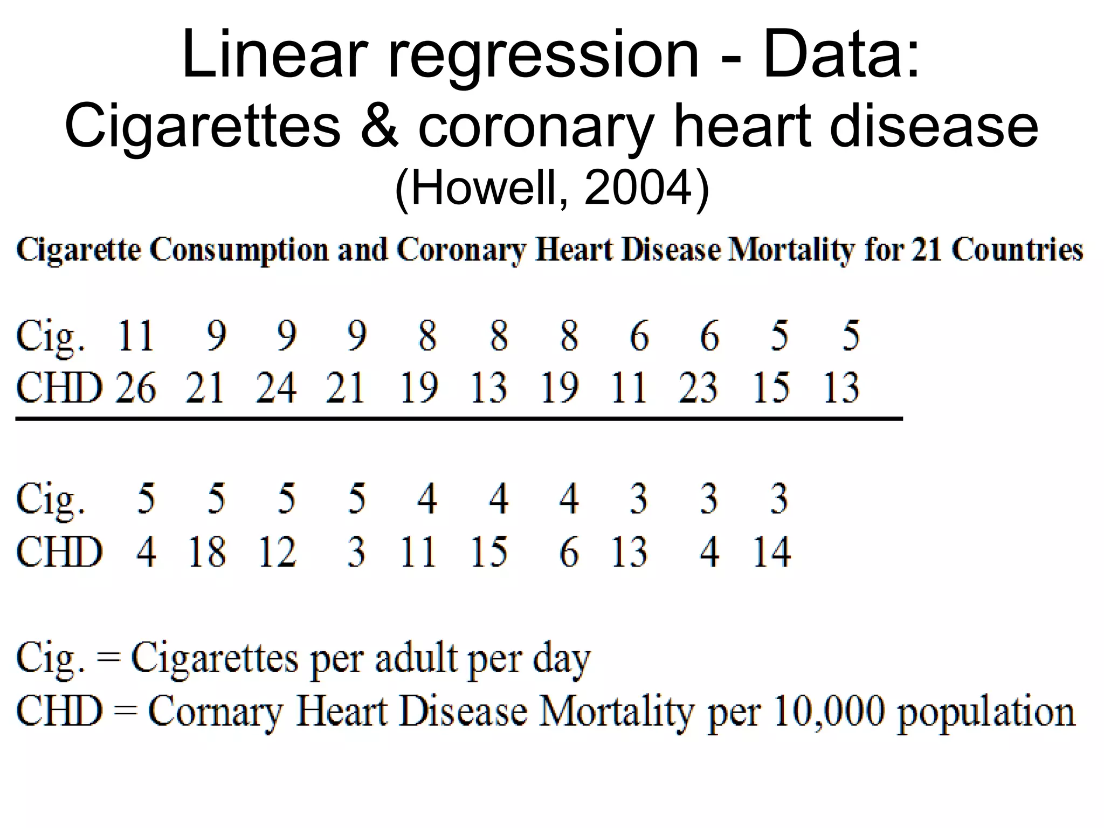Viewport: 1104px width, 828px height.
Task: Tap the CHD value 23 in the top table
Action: pyautogui.click(x=698, y=388)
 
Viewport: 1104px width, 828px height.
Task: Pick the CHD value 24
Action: pyautogui.click(x=275, y=388)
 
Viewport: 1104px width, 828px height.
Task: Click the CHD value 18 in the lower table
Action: pyautogui.click(x=206, y=551)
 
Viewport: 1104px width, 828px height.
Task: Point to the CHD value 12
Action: pyautogui.click(x=277, y=551)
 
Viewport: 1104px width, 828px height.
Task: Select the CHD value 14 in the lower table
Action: pyautogui.click(x=771, y=551)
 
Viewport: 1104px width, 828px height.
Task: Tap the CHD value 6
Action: pyautogui.click(x=569, y=553)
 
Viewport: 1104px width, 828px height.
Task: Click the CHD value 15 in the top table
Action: pyautogui.click(x=771, y=388)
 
